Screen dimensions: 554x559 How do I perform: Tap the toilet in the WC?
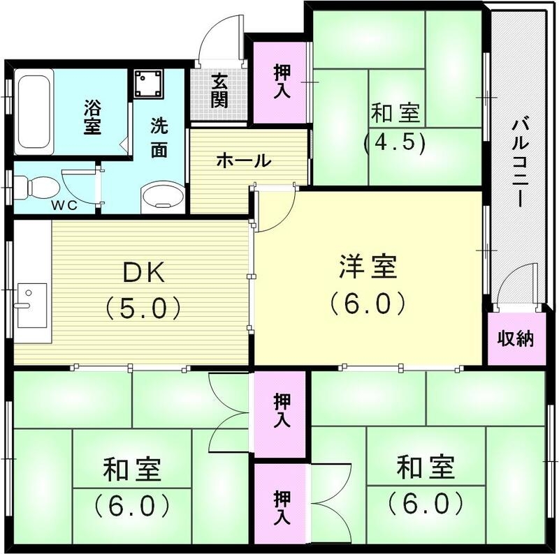tap(38, 187)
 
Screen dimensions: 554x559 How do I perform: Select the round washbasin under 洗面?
tap(162, 195)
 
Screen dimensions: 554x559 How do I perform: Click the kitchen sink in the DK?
tap(31, 305)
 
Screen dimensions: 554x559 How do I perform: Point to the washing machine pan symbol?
tap(147, 85)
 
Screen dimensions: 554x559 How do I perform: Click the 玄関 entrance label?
tap(219, 90)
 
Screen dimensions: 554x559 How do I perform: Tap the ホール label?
tap(242, 160)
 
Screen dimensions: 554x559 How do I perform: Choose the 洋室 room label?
tap(368, 267)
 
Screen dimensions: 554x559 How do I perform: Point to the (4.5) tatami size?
tap(395, 142)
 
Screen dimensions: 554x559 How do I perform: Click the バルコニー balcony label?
tap(521, 163)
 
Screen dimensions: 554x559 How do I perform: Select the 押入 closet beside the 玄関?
tap(282, 81)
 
